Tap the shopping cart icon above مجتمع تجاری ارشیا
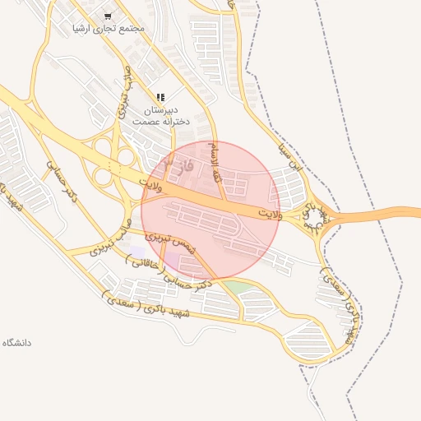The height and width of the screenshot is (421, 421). [x=108, y=16]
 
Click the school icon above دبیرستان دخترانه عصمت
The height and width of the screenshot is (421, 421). [x=160, y=97]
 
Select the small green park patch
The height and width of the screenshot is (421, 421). [x=235, y=287]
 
